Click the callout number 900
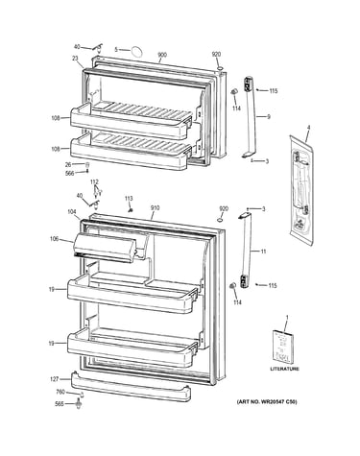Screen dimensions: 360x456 162,55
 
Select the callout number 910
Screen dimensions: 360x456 155,208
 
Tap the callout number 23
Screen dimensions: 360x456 75,59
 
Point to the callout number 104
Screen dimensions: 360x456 72,211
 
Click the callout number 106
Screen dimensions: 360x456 54,238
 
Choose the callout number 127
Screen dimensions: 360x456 55,379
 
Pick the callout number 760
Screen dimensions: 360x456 60,392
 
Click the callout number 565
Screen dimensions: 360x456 60,404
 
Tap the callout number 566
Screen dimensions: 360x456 69,173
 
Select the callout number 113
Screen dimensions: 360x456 129,199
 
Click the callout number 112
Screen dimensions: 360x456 94,182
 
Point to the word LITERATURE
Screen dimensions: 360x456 285,369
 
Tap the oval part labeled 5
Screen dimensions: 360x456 136,51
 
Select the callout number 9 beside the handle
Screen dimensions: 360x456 269,117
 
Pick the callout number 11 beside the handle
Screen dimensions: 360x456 263,252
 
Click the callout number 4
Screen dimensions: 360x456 308,128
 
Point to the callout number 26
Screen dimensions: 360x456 68,165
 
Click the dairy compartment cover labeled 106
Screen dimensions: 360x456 106,247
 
